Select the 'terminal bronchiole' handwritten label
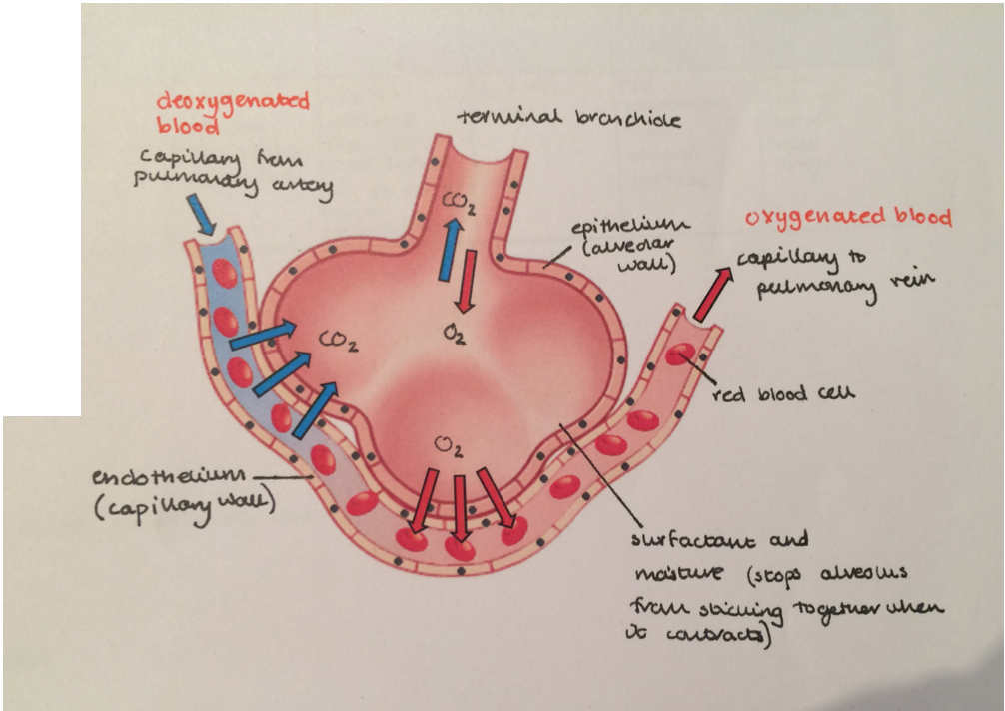569,119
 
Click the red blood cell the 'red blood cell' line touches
682,355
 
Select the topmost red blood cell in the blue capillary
225,273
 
